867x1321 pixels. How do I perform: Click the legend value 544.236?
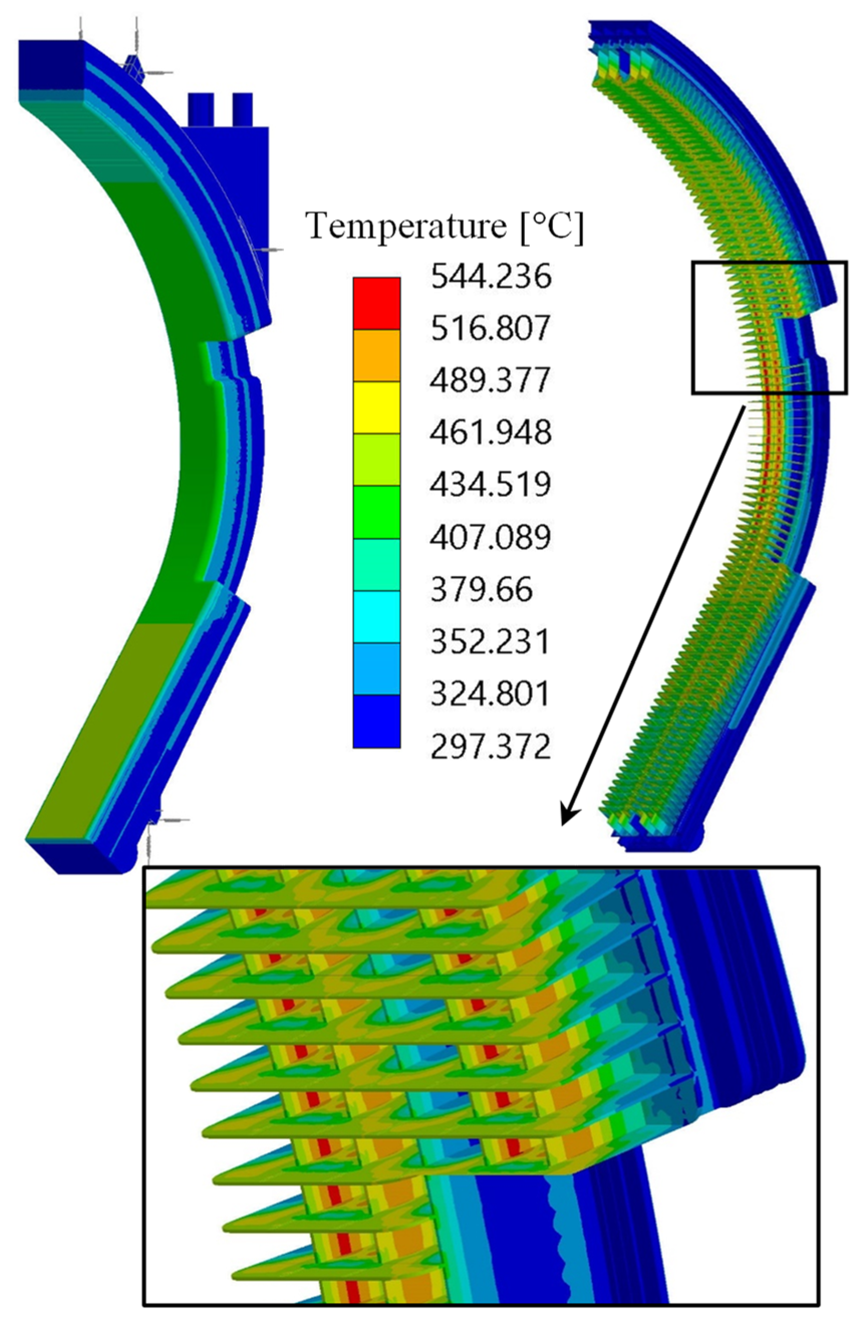coord(490,277)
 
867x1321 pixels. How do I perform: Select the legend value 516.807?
coord(490,329)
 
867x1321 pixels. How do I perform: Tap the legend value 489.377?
coord(490,380)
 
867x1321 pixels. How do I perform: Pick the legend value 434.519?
coord(490,484)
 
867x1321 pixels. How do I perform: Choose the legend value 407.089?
coord(490,537)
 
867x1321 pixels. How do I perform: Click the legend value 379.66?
coord(482,589)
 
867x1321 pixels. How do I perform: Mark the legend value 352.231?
coord(490,641)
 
